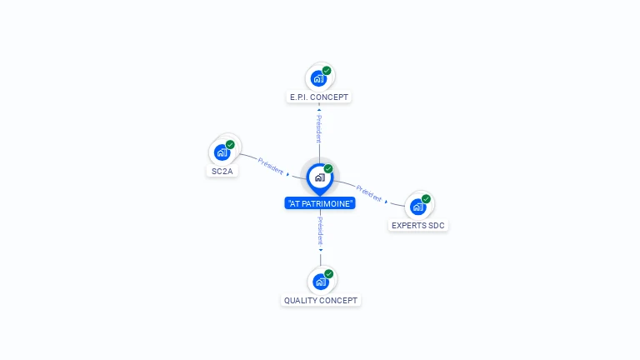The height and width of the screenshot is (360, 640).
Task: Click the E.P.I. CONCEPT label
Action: click(x=319, y=97)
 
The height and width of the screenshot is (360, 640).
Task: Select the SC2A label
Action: click(x=222, y=171)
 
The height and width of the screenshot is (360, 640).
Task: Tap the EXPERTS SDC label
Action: click(x=419, y=225)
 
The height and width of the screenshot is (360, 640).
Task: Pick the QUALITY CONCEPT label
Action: click(x=321, y=300)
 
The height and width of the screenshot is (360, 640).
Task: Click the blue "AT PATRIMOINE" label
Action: click(x=320, y=203)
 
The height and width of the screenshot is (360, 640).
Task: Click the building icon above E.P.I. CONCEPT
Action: click(x=317, y=79)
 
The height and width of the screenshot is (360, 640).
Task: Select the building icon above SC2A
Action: click(x=222, y=152)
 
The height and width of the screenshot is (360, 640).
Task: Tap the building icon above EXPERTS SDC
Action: click(x=417, y=207)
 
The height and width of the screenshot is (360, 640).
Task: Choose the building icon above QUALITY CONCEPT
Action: click(x=320, y=282)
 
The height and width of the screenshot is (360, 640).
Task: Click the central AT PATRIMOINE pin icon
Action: click(x=319, y=177)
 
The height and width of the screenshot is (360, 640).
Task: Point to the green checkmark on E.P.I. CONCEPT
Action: click(x=327, y=71)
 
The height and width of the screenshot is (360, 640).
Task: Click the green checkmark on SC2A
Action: click(x=230, y=144)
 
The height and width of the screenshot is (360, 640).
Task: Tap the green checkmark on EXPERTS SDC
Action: click(x=426, y=199)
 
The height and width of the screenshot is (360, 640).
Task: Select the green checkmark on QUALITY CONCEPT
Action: click(x=329, y=274)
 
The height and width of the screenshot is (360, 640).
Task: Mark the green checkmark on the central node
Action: click(x=328, y=169)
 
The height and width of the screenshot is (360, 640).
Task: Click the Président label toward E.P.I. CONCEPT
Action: click(x=318, y=129)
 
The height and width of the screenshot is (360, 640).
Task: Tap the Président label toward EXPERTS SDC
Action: click(x=368, y=193)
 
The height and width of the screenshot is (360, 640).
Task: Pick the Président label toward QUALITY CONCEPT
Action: click(x=320, y=229)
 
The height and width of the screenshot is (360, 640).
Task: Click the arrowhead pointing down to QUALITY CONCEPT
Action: click(x=320, y=249)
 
